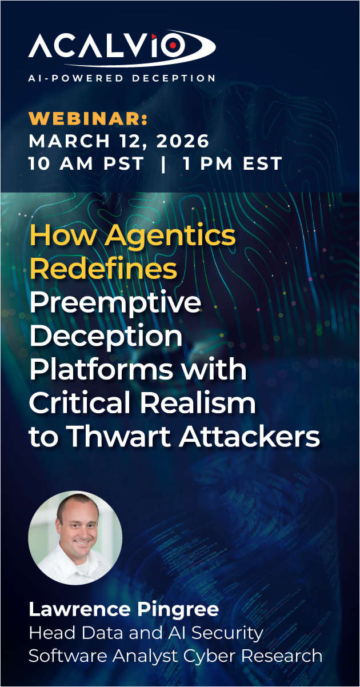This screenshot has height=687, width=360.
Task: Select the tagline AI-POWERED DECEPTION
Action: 122,78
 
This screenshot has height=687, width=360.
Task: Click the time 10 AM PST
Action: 86,164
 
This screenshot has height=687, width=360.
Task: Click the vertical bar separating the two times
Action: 164,164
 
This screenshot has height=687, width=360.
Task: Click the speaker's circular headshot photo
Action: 75,538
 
